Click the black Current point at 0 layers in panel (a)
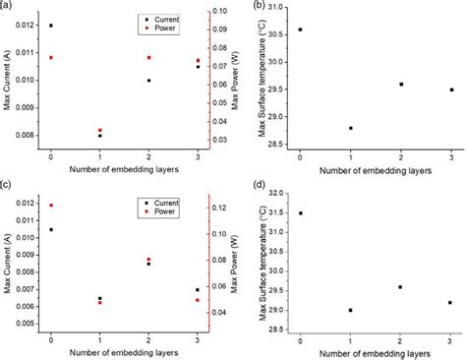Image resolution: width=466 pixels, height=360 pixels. coord(51,26)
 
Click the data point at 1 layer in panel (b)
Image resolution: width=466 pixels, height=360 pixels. coord(350,128)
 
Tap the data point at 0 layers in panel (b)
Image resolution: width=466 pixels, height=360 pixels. coord(300,30)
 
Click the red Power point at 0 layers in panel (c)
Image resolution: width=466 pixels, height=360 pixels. coord(51,206)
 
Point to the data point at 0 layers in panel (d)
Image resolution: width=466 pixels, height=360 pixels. coord(300,212)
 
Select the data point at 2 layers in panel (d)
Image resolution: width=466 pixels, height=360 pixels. coord(401,287)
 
